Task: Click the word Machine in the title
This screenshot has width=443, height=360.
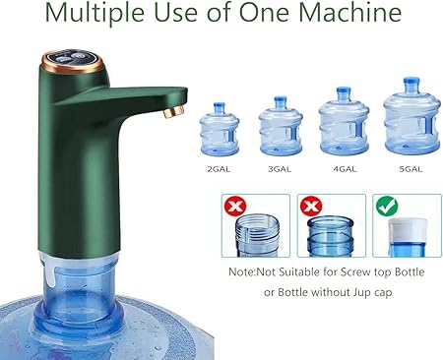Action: click(350, 13)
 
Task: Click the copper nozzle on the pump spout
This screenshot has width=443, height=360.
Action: click(173, 111)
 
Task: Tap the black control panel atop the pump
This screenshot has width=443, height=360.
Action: click(72, 58)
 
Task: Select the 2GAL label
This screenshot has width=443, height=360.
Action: click(219, 169)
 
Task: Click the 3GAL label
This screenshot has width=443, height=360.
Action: click(280, 169)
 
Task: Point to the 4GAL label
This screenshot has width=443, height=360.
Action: click(345, 169)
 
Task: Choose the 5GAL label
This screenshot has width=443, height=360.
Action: click(411, 169)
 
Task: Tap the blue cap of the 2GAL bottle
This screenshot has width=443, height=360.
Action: click(219, 107)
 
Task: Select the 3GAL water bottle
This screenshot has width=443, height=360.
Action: click(281, 126)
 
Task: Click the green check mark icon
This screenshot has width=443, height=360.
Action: click(387, 207)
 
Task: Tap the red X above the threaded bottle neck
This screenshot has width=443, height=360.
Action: click(235, 207)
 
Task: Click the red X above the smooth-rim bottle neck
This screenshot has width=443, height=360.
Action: click(311, 207)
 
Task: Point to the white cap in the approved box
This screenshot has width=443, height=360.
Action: click(408, 230)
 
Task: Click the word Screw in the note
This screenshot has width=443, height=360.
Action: click(353, 272)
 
